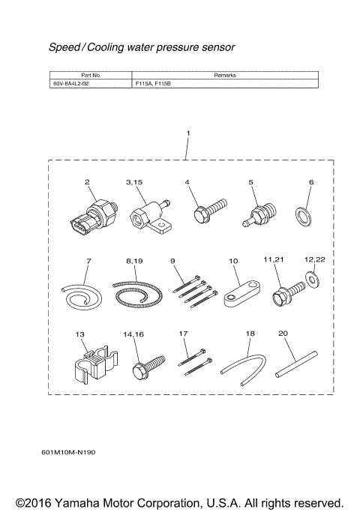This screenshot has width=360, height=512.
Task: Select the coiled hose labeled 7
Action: click(79, 294)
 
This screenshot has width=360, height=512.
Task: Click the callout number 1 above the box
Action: click(187, 133)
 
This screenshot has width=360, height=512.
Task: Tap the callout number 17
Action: click(184, 332)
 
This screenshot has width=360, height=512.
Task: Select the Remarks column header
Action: click(225, 76)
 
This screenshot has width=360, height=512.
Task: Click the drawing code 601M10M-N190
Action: click(69, 453)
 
